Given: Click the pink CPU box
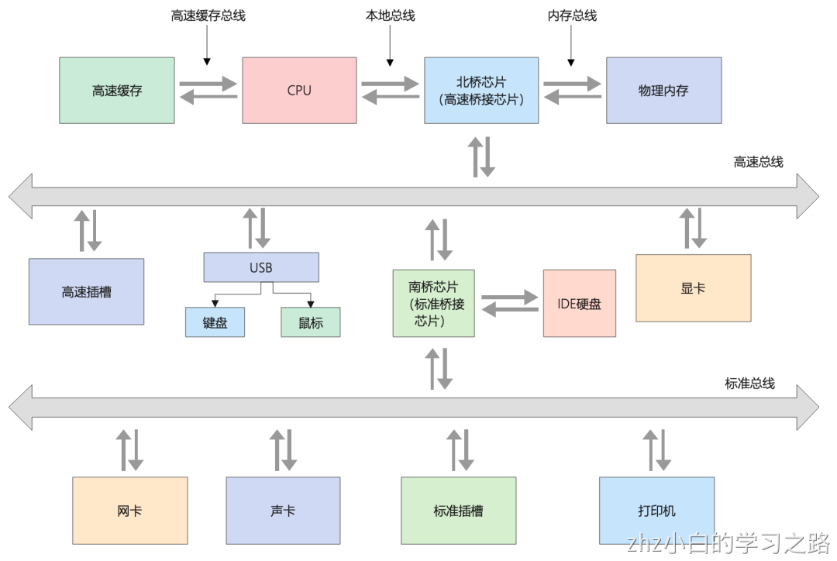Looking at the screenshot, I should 299,90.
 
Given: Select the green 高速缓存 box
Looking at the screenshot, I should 117,90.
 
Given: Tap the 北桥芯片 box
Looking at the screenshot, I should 481,90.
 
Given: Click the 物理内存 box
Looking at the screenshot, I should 663,90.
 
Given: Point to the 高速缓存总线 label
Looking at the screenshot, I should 208,15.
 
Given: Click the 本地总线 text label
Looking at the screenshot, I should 390,15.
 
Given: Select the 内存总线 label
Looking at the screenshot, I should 572,15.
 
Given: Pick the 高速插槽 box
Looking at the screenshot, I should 86,291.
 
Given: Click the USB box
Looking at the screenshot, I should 261,267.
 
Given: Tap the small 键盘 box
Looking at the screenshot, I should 215,322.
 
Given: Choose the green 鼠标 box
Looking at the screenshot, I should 310,322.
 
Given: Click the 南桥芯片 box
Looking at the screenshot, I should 434,303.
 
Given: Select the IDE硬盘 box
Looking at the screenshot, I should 579,303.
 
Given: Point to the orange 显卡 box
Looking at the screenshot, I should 693,287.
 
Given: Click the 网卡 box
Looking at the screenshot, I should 130,511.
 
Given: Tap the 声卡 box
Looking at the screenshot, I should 283,511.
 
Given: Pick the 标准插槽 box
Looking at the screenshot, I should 458,511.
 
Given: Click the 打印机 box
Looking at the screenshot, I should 656,511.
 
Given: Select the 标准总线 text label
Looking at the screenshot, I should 749,383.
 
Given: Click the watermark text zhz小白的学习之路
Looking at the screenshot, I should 729,542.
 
